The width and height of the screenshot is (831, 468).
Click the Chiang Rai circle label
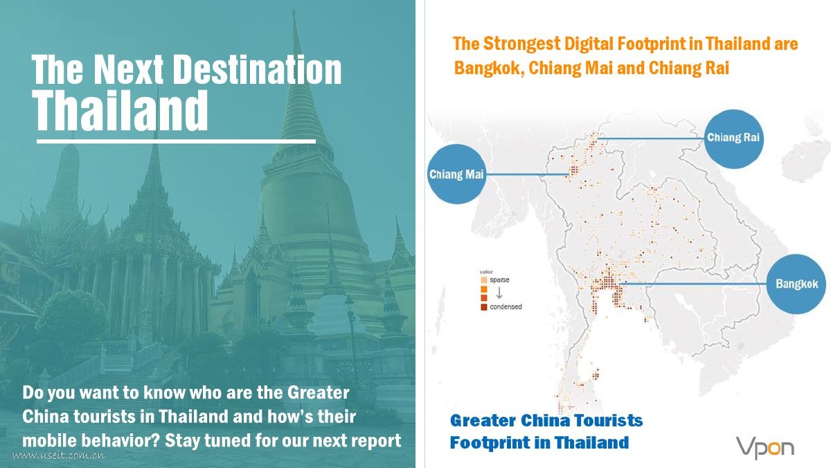[x=733, y=139]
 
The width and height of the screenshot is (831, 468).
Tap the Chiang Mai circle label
[x=456, y=174]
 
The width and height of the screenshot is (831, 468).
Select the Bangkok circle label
[x=796, y=284]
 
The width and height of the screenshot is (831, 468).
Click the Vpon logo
[x=765, y=449]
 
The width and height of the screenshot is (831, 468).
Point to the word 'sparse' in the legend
[x=499, y=279]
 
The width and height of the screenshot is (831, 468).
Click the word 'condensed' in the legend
[x=506, y=306]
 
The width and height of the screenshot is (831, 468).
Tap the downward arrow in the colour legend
[x=499, y=293]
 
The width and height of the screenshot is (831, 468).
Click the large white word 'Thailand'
[x=120, y=110]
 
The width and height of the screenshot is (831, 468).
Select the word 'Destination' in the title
[x=257, y=69]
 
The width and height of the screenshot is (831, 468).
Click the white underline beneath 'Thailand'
[x=176, y=141]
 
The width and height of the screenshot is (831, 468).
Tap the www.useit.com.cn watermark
[x=59, y=455]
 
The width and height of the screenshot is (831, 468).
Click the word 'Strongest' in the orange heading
[x=521, y=44]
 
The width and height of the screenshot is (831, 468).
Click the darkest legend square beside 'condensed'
[x=484, y=307]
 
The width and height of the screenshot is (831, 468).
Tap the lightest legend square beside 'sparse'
[x=484, y=280]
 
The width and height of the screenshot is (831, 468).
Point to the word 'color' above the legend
[x=486, y=272]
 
